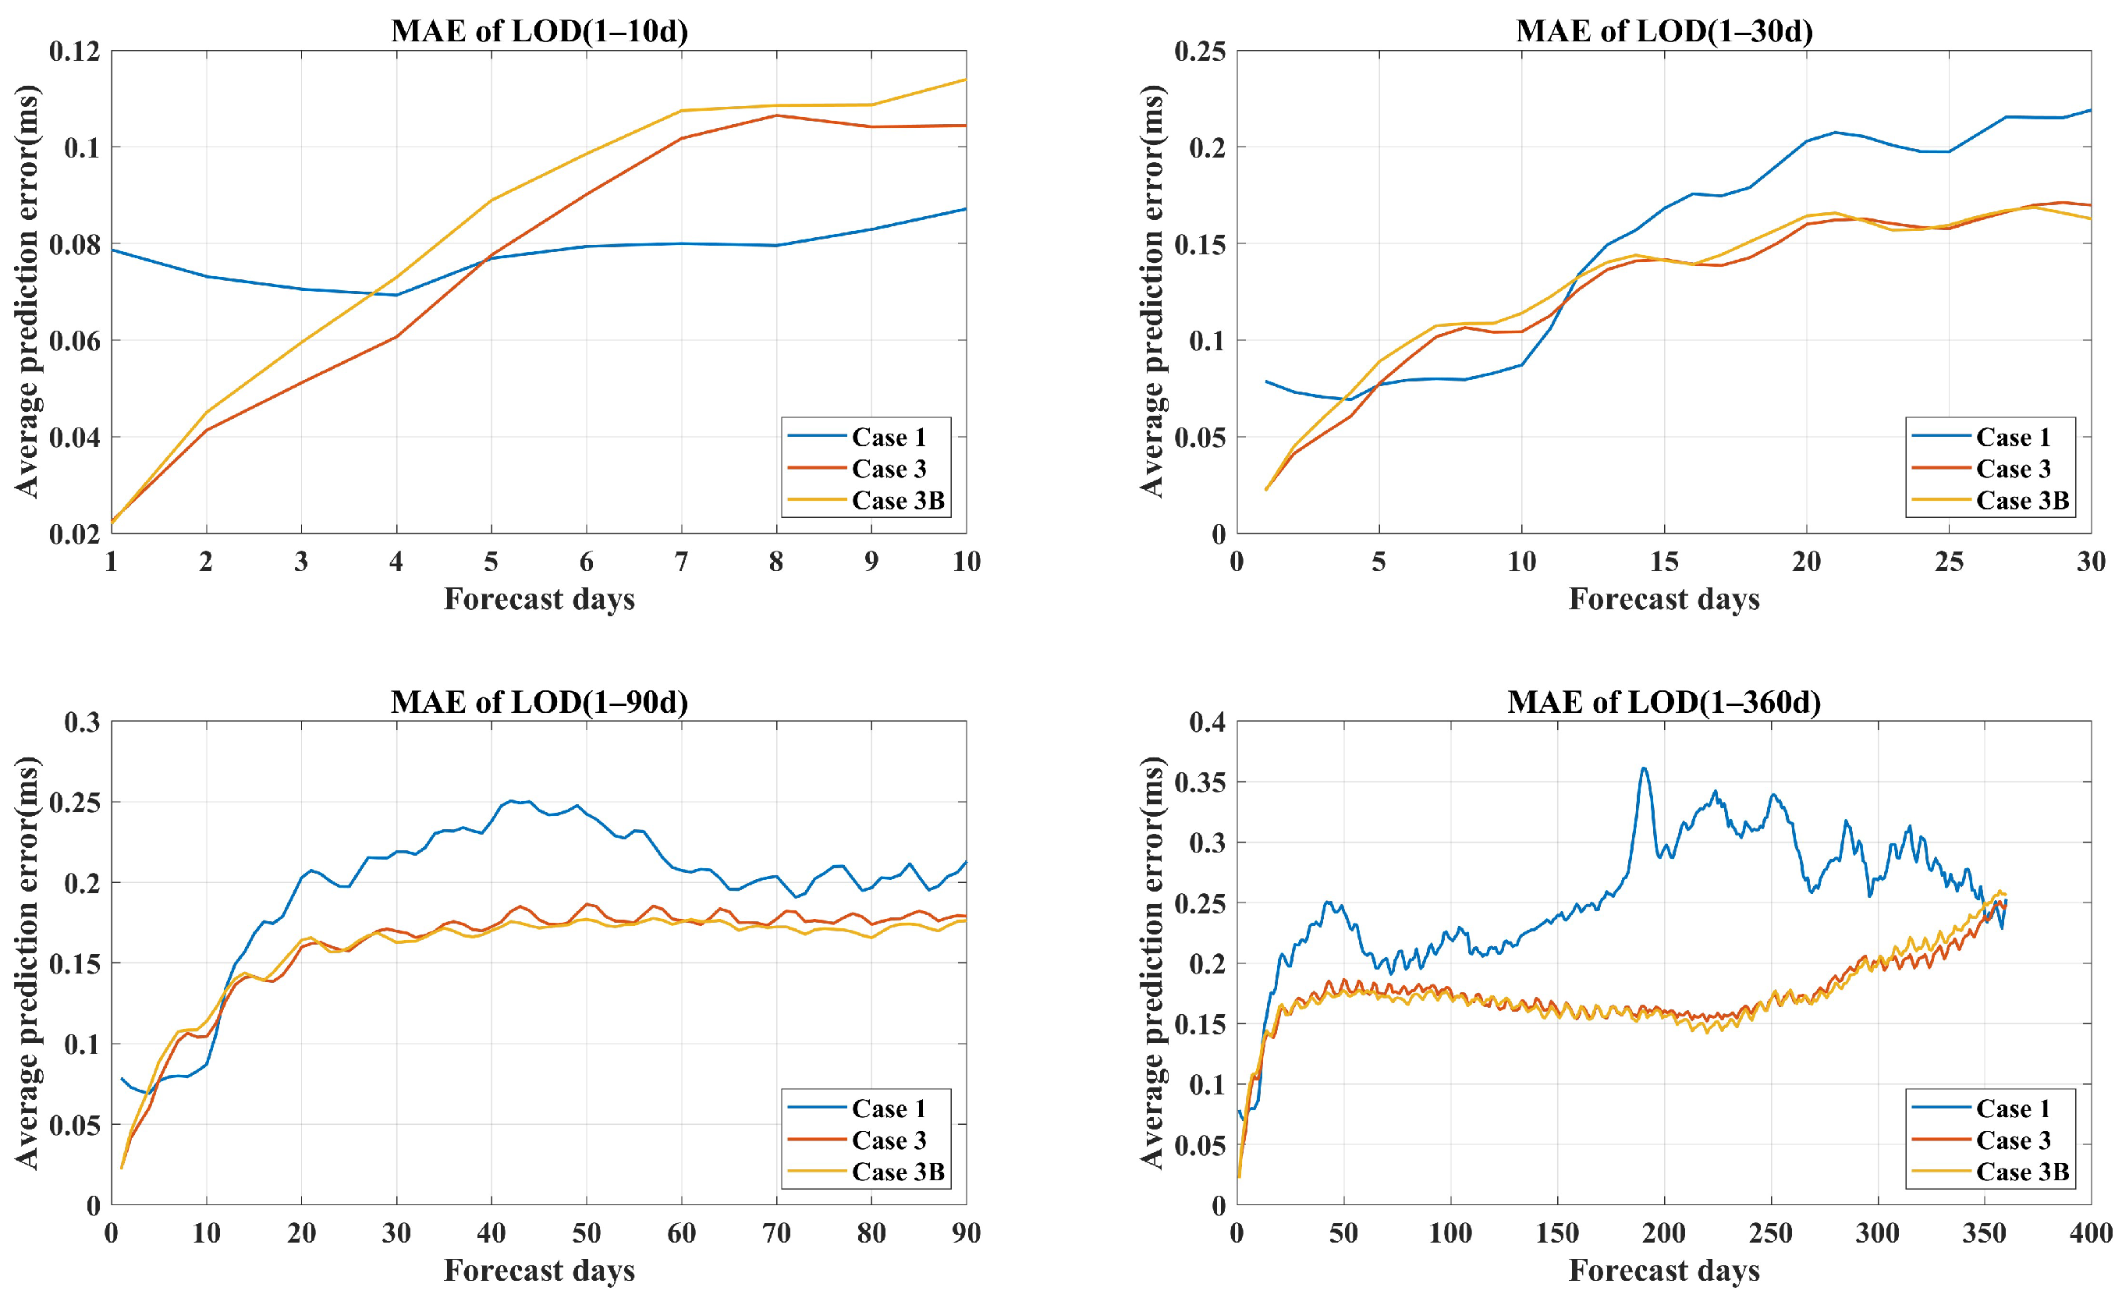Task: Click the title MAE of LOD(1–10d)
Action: click(539, 31)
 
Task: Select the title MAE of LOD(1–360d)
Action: click(1664, 702)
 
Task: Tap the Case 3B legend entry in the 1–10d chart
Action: click(897, 501)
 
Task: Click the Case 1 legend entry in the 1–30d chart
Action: click(2013, 438)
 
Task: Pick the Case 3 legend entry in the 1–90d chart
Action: click(889, 1140)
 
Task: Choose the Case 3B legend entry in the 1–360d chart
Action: click(2022, 1172)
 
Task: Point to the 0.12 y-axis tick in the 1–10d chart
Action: click(74, 51)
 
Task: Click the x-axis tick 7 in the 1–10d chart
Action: click(681, 562)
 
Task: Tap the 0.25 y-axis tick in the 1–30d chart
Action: click(1200, 51)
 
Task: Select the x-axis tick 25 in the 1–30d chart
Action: click(1949, 562)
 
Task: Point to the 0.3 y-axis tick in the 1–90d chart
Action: click(82, 722)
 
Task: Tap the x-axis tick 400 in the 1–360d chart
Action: click(2090, 1233)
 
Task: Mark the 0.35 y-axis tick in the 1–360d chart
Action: click(1200, 782)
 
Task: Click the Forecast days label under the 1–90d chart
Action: click(539, 1271)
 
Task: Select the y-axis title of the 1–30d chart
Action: click(1152, 291)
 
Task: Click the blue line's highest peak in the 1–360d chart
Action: click(1644, 768)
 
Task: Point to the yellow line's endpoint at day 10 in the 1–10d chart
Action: click(965, 80)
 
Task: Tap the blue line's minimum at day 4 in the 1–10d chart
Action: click(396, 295)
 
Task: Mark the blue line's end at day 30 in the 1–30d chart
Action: click(2090, 110)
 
